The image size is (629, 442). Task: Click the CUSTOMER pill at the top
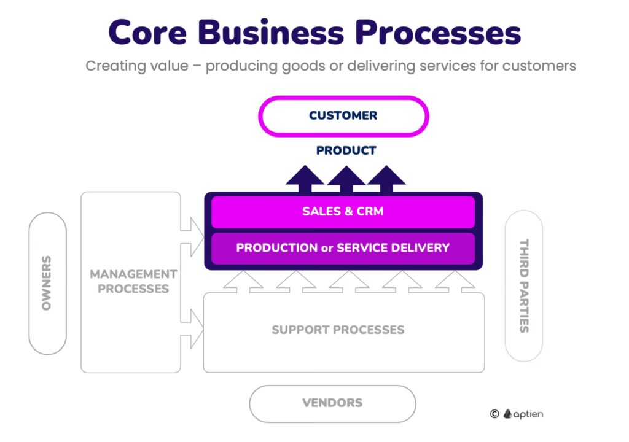(343, 115)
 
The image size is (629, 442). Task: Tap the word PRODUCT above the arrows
(346, 150)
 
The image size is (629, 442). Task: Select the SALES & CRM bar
(343, 212)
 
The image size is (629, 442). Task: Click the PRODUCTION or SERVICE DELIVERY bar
(343, 248)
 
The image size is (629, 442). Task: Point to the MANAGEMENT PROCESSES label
(133, 281)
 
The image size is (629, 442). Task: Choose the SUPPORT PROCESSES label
(338, 330)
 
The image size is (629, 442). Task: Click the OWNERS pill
(47, 283)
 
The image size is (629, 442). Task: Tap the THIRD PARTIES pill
(523, 285)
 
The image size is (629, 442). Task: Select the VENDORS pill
(332, 403)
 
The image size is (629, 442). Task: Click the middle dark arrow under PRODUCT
(346, 180)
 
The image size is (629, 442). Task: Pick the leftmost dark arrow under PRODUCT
(305, 180)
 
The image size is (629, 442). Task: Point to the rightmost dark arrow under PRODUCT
(386, 180)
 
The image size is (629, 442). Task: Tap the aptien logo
(523, 414)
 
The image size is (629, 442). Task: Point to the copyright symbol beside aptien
(494, 414)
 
